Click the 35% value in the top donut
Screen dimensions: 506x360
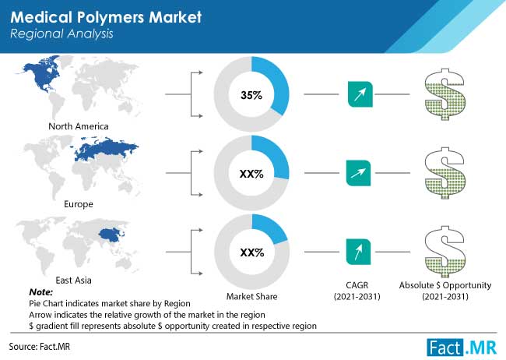(251, 95)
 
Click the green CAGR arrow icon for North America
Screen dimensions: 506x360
(360, 94)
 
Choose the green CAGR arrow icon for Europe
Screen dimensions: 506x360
(358, 173)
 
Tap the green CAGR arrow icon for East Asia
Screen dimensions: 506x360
(358, 252)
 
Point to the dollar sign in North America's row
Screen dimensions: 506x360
(445, 94)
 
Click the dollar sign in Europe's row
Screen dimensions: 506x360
(445, 173)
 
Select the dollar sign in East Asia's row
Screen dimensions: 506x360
(445, 252)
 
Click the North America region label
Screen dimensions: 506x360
(79, 126)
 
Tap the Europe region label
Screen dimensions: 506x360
(79, 204)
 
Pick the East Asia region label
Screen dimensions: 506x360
(74, 281)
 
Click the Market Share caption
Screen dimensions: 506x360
(251, 296)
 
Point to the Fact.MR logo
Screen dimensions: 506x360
(462, 348)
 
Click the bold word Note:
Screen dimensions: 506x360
(41, 292)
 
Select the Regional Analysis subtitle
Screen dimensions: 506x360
(61, 34)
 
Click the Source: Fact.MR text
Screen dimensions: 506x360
(40, 347)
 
